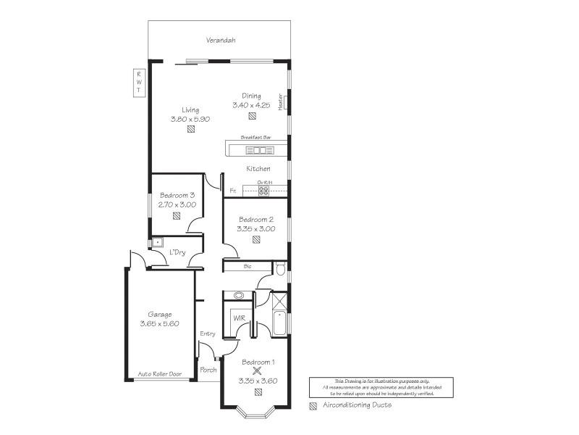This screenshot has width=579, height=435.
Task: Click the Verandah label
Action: pyautogui.click(x=221, y=41)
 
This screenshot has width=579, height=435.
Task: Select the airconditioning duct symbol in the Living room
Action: pyautogui.click(x=190, y=130)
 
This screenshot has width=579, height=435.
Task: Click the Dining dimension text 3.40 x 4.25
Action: pyautogui.click(x=251, y=105)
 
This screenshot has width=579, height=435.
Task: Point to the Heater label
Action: pyautogui.click(x=280, y=101)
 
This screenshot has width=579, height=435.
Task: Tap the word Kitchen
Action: pyautogui.click(x=258, y=169)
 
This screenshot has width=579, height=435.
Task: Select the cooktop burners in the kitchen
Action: pyautogui.click(x=264, y=191)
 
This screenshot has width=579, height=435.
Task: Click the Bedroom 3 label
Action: pyautogui.click(x=177, y=195)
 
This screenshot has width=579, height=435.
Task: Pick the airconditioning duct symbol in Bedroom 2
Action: pyautogui.click(x=256, y=239)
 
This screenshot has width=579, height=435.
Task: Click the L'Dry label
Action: pyautogui.click(x=177, y=252)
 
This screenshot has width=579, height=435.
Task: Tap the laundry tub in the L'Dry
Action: pyautogui.click(x=156, y=243)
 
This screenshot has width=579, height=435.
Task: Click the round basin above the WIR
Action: pyautogui.click(x=239, y=296)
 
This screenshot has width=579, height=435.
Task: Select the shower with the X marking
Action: pyautogui.click(x=279, y=301)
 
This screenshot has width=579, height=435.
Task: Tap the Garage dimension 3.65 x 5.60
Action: pyautogui.click(x=160, y=324)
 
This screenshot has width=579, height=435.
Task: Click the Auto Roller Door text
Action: pyautogui.click(x=159, y=374)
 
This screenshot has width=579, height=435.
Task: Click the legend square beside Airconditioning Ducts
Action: pyautogui.click(x=313, y=405)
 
